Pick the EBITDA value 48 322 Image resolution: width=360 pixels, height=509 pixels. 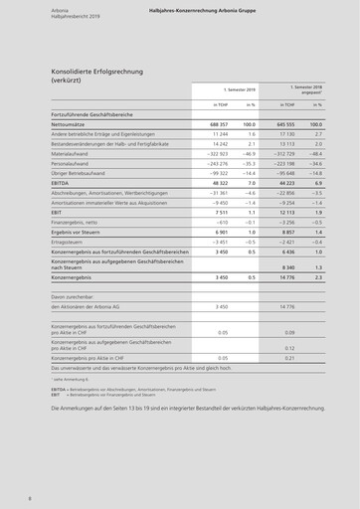click(216, 183)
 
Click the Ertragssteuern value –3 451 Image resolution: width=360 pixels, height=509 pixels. click(215, 242)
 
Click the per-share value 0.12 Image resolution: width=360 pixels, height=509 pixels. click(290, 348)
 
